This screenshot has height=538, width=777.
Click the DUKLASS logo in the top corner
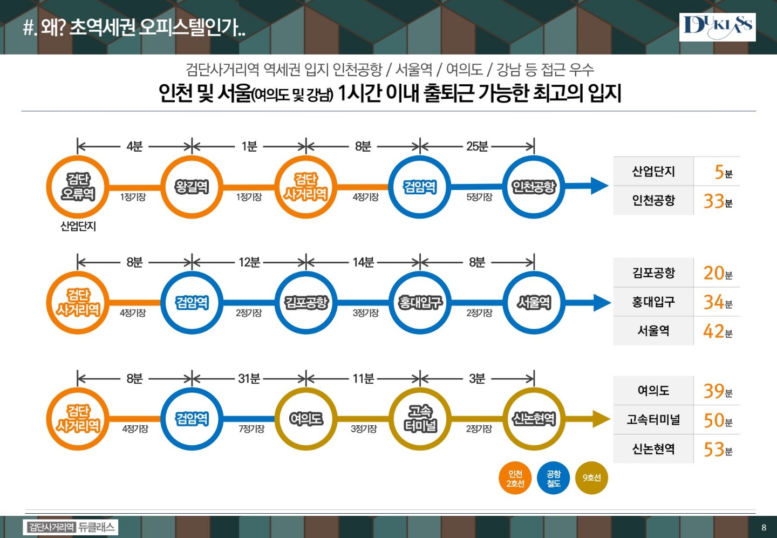pos(717,27)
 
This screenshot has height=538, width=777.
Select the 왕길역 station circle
pos(192,187)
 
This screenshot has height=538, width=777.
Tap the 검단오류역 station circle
pos(78,187)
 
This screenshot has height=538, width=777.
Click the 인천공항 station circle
pos(534,187)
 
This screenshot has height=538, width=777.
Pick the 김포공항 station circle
pos(306,303)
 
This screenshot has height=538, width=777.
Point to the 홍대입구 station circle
pos(420,303)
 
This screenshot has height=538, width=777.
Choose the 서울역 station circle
pos(534,303)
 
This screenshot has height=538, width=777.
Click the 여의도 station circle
pos(306,419)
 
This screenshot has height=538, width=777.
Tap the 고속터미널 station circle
pos(420,419)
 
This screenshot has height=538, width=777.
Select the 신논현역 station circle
pos(534,419)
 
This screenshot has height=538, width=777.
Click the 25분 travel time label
pos(477,146)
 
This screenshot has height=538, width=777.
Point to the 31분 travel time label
pos(249,379)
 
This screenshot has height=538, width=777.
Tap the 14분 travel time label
pos(363,262)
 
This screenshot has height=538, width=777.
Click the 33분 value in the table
pos(717,201)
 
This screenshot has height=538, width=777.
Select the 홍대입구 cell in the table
pos(653,302)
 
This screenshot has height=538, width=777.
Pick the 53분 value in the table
pos(717,449)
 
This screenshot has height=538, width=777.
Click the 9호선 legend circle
pos(591,478)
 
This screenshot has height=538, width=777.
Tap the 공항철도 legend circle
pos(553,478)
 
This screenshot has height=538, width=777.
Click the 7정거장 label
pos(251,429)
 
